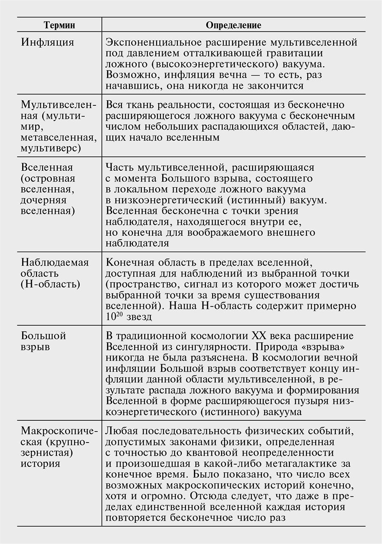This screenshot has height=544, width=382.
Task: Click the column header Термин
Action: click(x=59, y=25)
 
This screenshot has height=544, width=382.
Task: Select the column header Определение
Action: click(x=233, y=25)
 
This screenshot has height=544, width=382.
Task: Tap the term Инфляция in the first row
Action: click(x=48, y=43)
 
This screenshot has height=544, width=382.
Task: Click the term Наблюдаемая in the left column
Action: click(x=55, y=262)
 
